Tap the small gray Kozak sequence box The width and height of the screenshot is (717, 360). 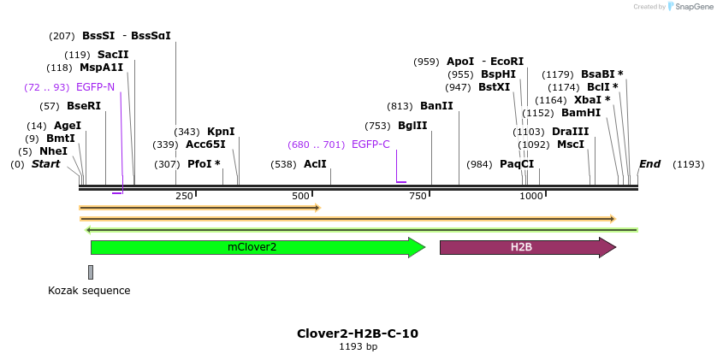pyautogui.click(x=91, y=272)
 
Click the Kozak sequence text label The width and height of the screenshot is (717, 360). pyautogui.click(x=89, y=291)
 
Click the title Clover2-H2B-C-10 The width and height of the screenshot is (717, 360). pyautogui.click(x=358, y=333)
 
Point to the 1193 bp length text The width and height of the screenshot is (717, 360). pyautogui.click(x=358, y=347)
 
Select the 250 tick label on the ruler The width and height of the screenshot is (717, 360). pyautogui.click(x=184, y=197)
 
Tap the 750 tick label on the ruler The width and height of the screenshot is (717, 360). pyautogui.click(x=418, y=197)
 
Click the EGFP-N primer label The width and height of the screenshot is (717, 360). pyautogui.click(x=95, y=87)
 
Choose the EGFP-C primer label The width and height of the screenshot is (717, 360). pyautogui.click(x=370, y=145)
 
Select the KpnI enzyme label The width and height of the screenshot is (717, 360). pyautogui.click(x=221, y=132)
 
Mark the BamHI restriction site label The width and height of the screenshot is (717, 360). pyautogui.click(x=581, y=113)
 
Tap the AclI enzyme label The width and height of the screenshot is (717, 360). pyautogui.click(x=315, y=164)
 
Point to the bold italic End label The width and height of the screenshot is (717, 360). pyautogui.click(x=649, y=164)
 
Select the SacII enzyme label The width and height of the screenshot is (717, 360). pyautogui.click(x=113, y=55)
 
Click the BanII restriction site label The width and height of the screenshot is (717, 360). pyautogui.click(x=436, y=106)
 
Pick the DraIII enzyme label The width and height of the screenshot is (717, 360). pyautogui.click(x=570, y=132)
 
